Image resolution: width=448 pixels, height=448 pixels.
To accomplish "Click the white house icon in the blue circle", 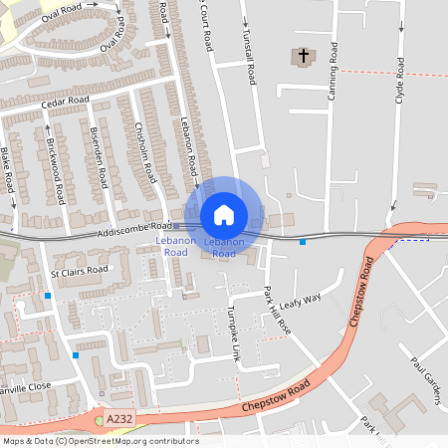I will [x=224, y=214].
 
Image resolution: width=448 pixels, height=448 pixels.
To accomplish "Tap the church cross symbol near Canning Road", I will [x=303, y=58].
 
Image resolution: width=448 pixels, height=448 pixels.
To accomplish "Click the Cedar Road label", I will [x=65, y=102].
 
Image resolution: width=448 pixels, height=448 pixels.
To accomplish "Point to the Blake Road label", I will [x=8, y=169].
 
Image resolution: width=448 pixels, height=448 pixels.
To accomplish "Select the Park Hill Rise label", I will [x=277, y=310].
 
